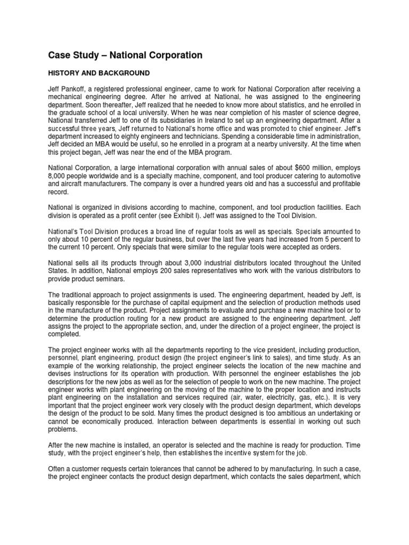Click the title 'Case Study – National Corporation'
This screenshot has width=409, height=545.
(125, 55)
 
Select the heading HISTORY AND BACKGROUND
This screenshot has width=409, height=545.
(100, 72)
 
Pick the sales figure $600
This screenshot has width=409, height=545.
(305, 169)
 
